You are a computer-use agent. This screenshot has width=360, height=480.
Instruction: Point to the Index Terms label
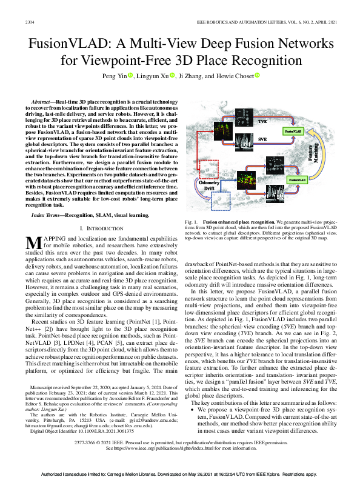(49, 215)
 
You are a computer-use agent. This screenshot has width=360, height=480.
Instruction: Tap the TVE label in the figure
(262, 122)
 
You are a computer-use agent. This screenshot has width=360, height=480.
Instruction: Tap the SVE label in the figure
(262, 139)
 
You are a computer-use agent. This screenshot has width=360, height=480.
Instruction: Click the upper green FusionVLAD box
(293, 131)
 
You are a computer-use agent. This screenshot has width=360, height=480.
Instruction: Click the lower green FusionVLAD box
(297, 181)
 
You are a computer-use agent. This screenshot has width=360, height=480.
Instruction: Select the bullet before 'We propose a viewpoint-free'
(193, 410)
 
